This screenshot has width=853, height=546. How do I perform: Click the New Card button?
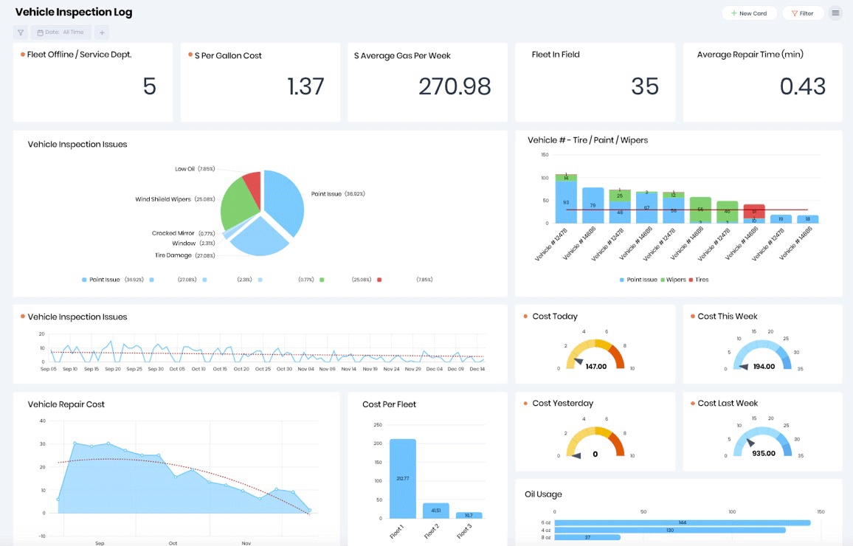pos(749,13)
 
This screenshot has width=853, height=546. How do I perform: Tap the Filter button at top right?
pos(802,13)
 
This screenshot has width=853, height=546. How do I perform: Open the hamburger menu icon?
pos(835,13)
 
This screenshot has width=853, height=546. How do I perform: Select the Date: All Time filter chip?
pos(61,32)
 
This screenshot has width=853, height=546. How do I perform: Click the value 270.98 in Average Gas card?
pos(455,86)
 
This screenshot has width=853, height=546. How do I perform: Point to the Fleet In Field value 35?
pos(644,86)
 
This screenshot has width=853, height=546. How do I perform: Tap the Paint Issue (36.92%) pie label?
pos(338,194)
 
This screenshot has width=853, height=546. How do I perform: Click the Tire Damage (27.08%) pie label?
pos(184,255)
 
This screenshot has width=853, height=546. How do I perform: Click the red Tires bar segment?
pos(753,211)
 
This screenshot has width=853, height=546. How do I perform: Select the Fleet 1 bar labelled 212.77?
pos(403,478)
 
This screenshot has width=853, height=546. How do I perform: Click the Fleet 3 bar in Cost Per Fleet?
pos(469,515)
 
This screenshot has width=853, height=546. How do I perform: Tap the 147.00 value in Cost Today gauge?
pos(595,366)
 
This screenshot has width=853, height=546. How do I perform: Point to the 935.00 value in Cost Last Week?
pos(763,453)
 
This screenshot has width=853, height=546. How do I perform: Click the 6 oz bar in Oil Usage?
pos(682,522)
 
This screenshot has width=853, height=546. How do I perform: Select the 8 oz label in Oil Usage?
pos(546,537)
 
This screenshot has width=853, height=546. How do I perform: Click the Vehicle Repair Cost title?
pos(66,404)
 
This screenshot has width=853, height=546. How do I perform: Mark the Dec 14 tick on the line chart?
pos(477,369)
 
